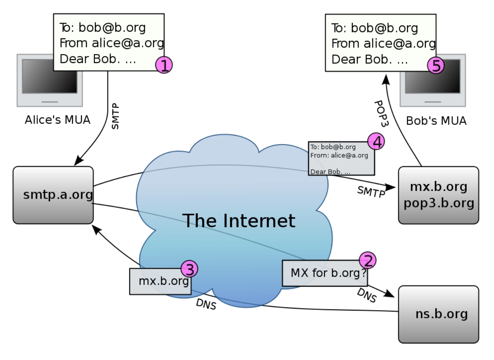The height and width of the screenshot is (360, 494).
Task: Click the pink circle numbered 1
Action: coord(164,65)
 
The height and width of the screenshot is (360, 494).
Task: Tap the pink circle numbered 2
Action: coord(368,261)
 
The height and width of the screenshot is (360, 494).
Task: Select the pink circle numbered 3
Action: coord(189,268)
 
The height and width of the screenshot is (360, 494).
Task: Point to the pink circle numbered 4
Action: coord(376,142)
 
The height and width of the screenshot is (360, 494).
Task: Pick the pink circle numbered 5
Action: coord(436,66)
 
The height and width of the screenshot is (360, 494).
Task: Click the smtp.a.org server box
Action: coord(53,195)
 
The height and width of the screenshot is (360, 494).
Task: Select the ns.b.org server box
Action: coord(438,314)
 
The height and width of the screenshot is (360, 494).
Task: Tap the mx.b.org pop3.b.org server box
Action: coord(438,195)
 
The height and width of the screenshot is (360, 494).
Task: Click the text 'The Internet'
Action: coord(239,221)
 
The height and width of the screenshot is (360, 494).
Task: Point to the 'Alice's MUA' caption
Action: coord(58,120)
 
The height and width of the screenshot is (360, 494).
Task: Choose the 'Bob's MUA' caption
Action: coord(436,121)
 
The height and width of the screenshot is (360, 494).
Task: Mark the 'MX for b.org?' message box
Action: coord(325,273)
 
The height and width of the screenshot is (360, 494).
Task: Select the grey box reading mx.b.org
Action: coord(161,281)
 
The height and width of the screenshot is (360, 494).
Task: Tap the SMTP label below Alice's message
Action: coord(115,116)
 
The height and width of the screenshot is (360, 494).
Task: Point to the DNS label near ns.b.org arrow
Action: coord(366,295)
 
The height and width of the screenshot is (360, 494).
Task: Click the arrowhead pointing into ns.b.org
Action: coord(390,294)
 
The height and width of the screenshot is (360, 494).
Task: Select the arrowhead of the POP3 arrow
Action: coord(386,79)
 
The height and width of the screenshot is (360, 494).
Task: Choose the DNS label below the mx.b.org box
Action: coord(206,304)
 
